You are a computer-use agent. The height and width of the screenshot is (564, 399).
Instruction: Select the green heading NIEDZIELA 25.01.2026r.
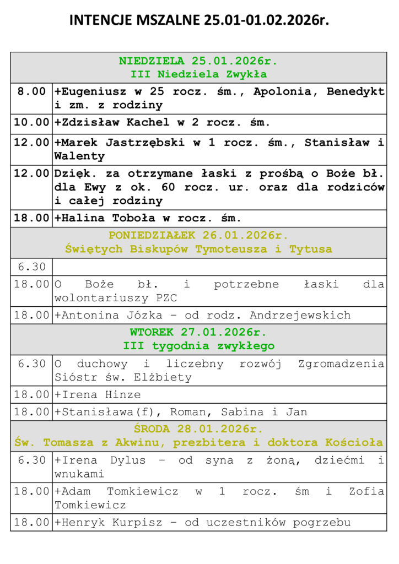(x=198, y=61)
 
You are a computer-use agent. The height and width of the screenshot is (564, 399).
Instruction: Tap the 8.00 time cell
(x=31, y=91)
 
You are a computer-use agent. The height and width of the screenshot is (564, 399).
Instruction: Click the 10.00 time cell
(x=31, y=122)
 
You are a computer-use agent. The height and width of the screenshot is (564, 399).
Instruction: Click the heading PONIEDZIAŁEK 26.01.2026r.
(x=198, y=236)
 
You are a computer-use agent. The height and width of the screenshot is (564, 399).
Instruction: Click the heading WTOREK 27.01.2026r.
(x=198, y=333)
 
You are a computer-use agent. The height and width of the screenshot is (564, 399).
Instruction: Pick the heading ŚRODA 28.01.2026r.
(x=198, y=429)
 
